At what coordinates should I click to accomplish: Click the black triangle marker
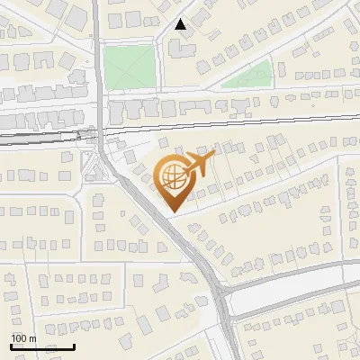181,24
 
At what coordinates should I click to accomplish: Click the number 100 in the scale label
18,338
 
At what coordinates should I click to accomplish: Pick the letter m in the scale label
31,338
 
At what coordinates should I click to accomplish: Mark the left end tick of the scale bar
11,346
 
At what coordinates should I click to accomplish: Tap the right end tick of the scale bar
74,346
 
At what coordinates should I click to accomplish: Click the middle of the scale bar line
42,346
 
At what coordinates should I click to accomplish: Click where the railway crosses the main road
99,134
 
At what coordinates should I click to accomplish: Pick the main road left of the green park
95,67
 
